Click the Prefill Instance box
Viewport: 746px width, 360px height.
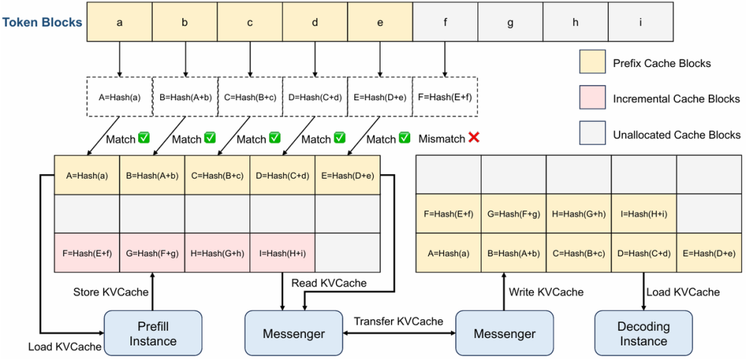[153, 333]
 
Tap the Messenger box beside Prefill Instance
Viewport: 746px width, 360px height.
[294, 333]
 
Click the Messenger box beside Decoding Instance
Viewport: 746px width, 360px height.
[505, 333]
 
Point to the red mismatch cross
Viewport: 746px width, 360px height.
[473, 138]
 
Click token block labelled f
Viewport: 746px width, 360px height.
[445, 21]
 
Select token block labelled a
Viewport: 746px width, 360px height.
[119, 21]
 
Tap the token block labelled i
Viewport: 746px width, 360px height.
[640, 21]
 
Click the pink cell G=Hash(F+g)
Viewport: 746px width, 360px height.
[152, 253]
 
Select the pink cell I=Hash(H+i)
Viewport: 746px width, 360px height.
[282, 253]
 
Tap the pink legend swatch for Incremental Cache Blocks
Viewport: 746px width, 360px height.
[592, 99]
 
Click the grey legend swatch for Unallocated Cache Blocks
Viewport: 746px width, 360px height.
[592, 134]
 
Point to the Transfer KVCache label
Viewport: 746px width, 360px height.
[399, 321]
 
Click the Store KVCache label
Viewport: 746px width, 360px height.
[111, 292]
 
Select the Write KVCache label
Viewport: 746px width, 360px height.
[546, 291]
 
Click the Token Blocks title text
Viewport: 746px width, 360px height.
[43, 22]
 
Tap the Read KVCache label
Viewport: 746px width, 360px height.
[329, 283]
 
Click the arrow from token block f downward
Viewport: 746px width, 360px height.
[445, 59]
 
